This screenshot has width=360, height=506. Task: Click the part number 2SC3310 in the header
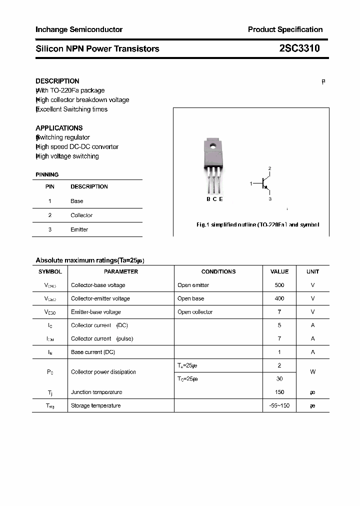click(x=299, y=48)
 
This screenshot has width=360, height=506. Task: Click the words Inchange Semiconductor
click(x=79, y=29)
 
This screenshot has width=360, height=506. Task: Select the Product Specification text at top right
click(x=285, y=29)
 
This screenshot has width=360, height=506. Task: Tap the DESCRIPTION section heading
click(x=57, y=81)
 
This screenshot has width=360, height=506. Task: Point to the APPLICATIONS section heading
click(x=59, y=128)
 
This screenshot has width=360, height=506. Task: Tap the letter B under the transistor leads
click(x=208, y=199)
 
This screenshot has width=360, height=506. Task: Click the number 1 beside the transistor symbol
click(x=251, y=184)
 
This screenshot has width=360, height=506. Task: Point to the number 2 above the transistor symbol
click(x=269, y=168)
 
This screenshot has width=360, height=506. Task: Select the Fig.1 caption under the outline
click(x=257, y=224)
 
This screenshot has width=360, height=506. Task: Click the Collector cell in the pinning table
click(x=81, y=215)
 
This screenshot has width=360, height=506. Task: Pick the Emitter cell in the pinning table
click(x=79, y=229)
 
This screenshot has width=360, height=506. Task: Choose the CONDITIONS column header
click(x=218, y=271)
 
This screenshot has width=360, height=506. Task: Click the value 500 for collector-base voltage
click(x=279, y=285)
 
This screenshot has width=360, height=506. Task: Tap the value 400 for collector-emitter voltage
click(x=279, y=298)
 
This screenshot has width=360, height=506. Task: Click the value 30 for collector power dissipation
click(x=279, y=379)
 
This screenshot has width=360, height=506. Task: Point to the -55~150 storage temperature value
click(x=279, y=405)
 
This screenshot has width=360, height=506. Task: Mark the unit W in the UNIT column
click(x=312, y=372)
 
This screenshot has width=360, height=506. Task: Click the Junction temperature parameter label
click(x=96, y=392)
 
